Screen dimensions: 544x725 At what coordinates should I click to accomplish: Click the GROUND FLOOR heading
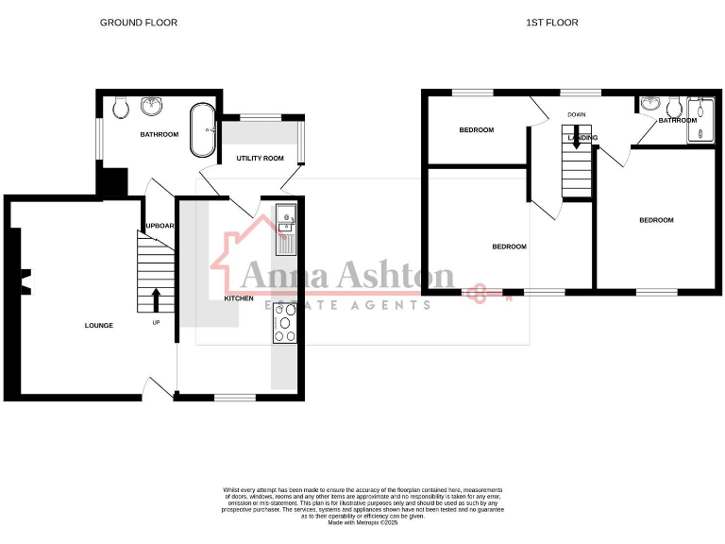139,22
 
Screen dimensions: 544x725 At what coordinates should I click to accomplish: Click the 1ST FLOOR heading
552,22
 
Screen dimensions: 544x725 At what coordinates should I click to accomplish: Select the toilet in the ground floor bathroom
120,109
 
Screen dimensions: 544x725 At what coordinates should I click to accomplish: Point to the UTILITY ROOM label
260,159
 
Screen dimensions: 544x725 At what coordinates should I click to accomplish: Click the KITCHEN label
238,298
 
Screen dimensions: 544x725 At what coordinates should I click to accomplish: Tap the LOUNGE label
99,326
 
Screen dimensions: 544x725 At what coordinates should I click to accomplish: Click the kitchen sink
285,229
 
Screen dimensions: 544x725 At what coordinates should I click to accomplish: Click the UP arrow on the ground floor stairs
156,299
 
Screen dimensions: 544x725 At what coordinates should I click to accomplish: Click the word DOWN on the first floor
577,115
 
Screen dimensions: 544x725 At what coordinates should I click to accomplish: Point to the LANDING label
582,138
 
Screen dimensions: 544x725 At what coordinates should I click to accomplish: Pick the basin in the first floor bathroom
650,105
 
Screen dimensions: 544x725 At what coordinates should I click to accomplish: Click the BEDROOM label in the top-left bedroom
477,130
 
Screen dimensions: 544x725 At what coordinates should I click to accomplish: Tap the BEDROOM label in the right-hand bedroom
656,220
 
